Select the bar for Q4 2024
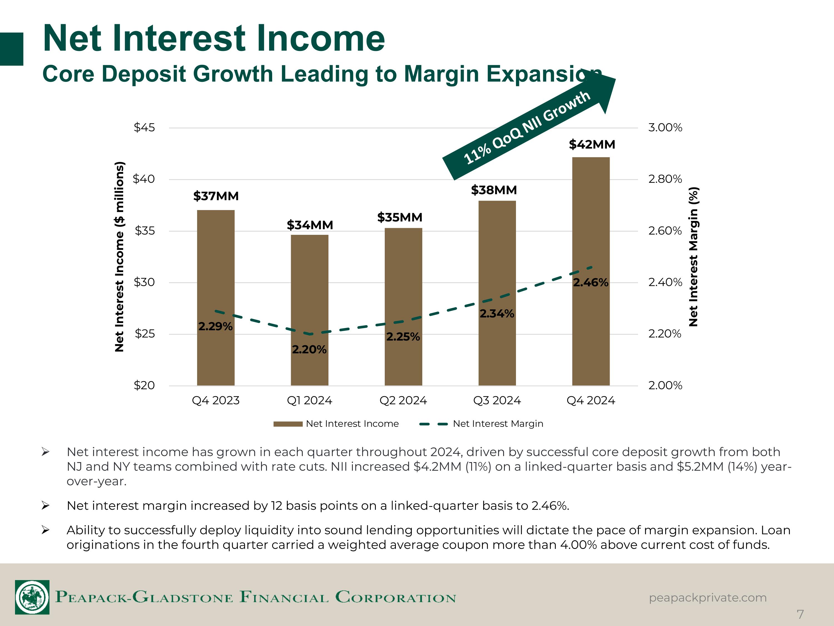click(591, 271)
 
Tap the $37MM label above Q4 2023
click(216, 196)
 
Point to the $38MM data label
click(494, 190)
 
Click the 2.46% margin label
click(591, 282)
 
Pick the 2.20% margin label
click(309, 349)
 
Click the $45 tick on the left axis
click(144, 127)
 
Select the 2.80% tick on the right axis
click(665, 179)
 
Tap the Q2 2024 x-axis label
click(403, 400)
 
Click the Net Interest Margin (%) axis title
click(693, 257)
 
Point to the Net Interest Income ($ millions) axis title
click(119, 257)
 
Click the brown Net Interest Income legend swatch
click(288, 424)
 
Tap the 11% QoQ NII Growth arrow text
click(527, 127)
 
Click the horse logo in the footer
click(32, 597)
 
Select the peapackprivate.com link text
click(708, 598)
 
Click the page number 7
click(800, 614)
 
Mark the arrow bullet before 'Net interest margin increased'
click(45, 506)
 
